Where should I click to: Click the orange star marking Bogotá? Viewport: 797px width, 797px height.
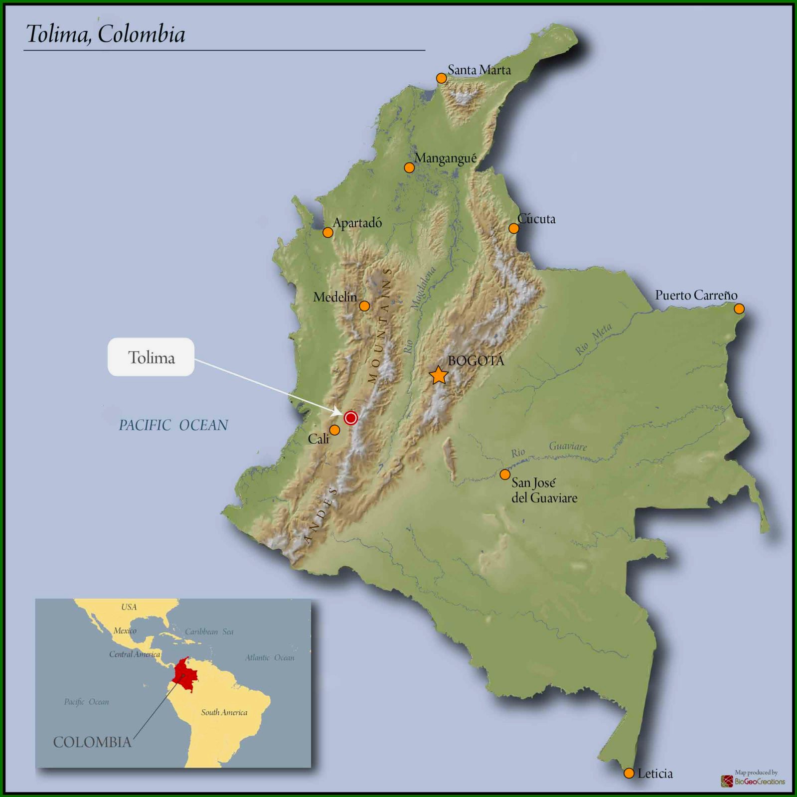pyautogui.click(x=439, y=375)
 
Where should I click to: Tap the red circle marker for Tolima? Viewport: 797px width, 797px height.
pyautogui.click(x=351, y=418)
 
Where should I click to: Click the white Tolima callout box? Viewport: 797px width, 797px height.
pyautogui.click(x=151, y=357)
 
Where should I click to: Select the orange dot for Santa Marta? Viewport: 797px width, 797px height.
pyautogui.click(x=441, y=78)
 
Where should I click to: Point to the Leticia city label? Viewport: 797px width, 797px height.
pyautogui.click(x=655, y=774)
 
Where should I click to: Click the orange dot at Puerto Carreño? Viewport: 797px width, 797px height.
pyautogui.click(x=739, y=309)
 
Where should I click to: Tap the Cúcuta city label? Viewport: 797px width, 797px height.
pyautogui.click(x=536, y=219)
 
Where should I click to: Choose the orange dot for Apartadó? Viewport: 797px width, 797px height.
pyautogui.click(x=327, y=232)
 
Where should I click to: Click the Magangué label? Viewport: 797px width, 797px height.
pyautogui.click(x=445, y=159)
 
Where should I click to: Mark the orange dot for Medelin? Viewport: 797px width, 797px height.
pyautogui.click(x=364, y=306)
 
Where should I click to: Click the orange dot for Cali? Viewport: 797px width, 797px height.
pyautogui.click(x=335, y=430)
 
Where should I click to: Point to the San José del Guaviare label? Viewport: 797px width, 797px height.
pyautogui.click(x=544, y=490)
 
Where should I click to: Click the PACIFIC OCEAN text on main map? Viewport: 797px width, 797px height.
pyautogui.click(x=173, y=425)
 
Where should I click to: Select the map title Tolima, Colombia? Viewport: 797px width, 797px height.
pyautogui.click(x=106, y=34)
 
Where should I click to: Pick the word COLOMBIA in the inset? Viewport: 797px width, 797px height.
pyautogui.click(x=92, y=742)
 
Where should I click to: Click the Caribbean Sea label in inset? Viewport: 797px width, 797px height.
pyautogui.click(x=209, y=632)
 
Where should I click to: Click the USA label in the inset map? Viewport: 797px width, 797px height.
pyautogui.click(x=129, y=607)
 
